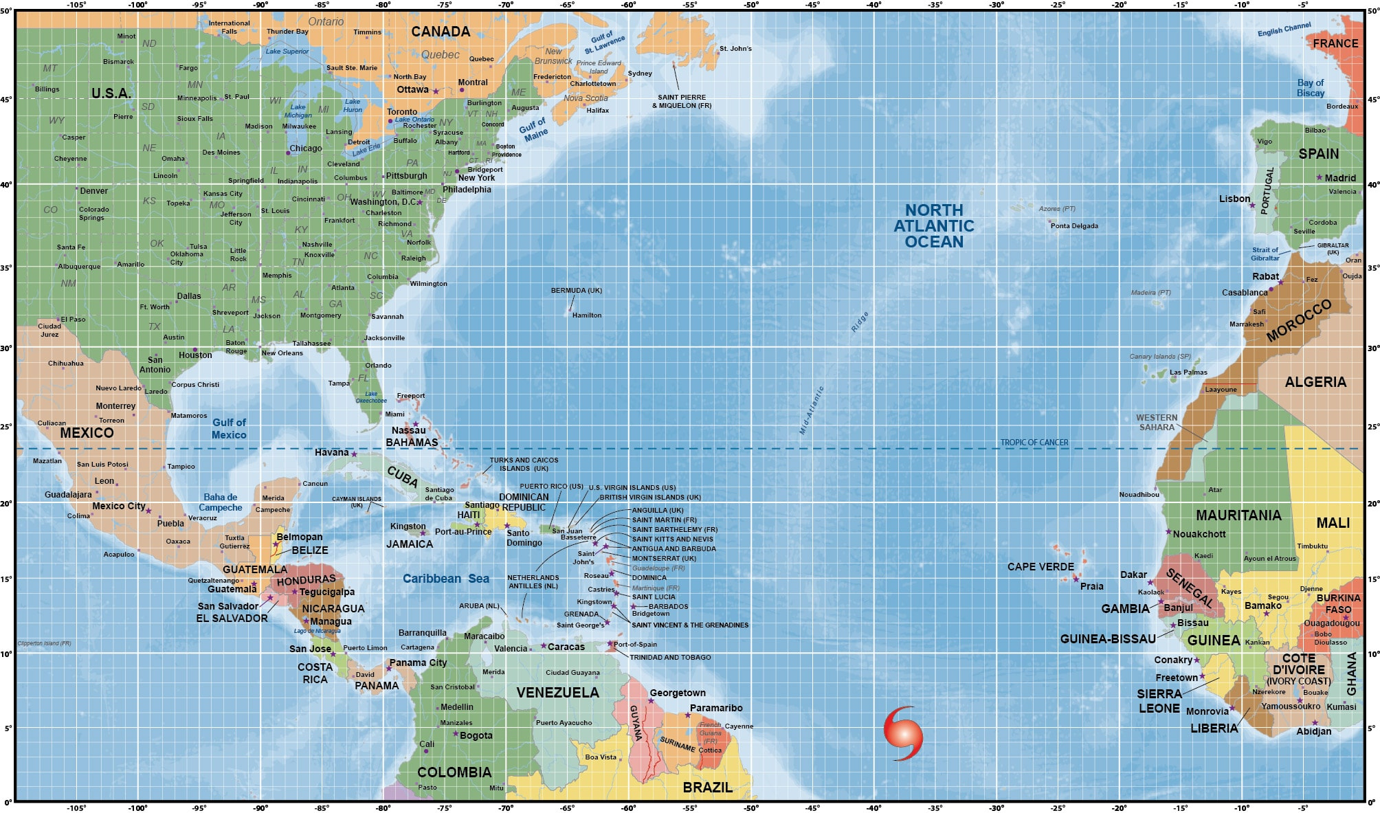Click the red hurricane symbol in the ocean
point(903,733)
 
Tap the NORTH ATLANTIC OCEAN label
point(933,225)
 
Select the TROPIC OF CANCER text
point(1034,443)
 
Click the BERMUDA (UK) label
point(576,290)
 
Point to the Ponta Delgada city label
point(1073,226)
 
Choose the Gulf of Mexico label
point(229,429)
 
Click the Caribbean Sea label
point(445,579)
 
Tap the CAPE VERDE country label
point(1040,566)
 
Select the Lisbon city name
point(1234,199)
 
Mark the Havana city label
point(332,452)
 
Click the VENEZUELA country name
point(557,693)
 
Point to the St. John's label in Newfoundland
point(735,49)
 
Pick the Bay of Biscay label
point(1310,88)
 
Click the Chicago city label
point(305,148)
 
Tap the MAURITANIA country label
point(1238,515)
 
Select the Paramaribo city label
point(716,708)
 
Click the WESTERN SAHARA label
point(1157,422)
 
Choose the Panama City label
point(418,662)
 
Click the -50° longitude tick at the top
point(751,5)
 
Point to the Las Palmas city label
point(1188,372)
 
